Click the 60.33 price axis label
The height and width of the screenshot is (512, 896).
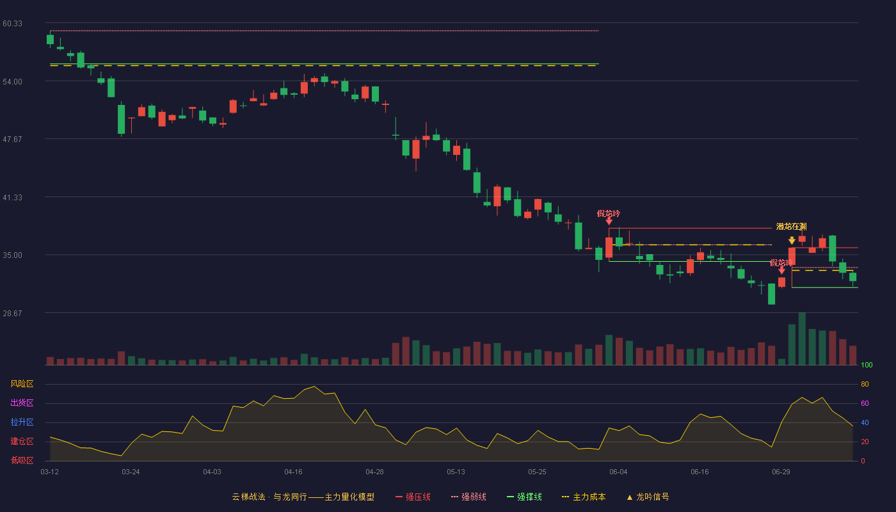tap(12, 24)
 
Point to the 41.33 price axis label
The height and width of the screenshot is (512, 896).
tap(12, 198)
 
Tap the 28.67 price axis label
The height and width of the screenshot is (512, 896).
tap(12, 313)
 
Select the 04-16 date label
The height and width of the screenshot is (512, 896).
tap(293, 472)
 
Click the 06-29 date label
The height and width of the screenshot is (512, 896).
tap(781, 472)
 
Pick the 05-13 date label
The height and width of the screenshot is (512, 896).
tap(456, 472)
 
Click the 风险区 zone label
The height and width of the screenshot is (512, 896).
tap(22, 384)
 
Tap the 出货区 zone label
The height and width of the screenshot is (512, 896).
tap(22, 403)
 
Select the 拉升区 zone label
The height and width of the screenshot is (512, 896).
tap(22, 422)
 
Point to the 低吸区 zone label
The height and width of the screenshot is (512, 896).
tap(22, 460)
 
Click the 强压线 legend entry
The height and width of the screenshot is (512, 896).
tap(413, 497)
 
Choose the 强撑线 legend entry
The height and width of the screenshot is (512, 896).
tap(524, 497)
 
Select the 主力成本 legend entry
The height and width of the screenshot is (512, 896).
tap(584, 497)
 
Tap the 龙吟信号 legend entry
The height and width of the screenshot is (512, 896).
tap(648, 497)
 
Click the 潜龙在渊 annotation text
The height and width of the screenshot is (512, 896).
tap(791, 227)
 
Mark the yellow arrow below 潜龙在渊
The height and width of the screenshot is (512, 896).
tap(792, 241)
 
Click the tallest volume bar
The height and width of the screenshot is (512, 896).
tap(802, 339)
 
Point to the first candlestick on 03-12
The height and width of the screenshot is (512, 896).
tap(50, 39)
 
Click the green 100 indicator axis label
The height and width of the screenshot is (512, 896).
tap(867, 365)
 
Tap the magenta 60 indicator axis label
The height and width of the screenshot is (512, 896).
tap(865, 403)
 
